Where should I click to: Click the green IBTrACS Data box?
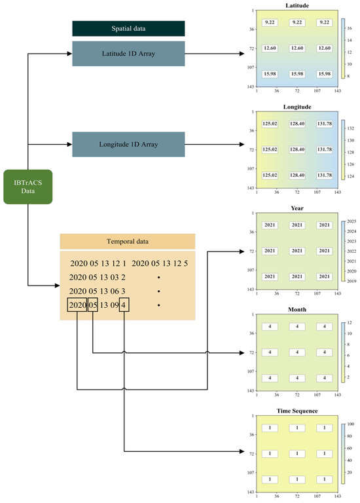(x=28, y=187)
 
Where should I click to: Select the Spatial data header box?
(x=128, y=29)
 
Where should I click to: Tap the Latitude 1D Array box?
(x=128, y=54)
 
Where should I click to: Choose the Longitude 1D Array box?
(x=128, y=144)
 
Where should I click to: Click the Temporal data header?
(x=128, y=241)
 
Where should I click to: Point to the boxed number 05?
(x=93, y=305)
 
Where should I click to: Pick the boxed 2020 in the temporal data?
(x=77, y=305)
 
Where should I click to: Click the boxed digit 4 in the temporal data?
(x=124, y=305)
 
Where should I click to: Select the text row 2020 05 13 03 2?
(x=97, y=277)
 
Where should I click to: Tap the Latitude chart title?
(x=297, y=5)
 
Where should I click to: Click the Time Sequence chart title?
(x=297, y=411)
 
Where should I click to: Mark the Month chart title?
(x=297, y=310)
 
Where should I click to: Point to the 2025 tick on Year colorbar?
(x=351, y=221)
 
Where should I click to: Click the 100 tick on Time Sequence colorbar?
(x=351, y=424)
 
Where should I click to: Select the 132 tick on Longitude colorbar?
(x=351, y=128)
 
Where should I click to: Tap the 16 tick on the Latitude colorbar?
(x=350, y=28)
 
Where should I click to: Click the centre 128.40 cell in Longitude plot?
(x=297, y=149)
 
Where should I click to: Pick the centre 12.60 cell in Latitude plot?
(x=297, y=48)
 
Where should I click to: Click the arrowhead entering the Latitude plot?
(x=242, y=54)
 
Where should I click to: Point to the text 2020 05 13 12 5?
(x=160, y=263)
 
